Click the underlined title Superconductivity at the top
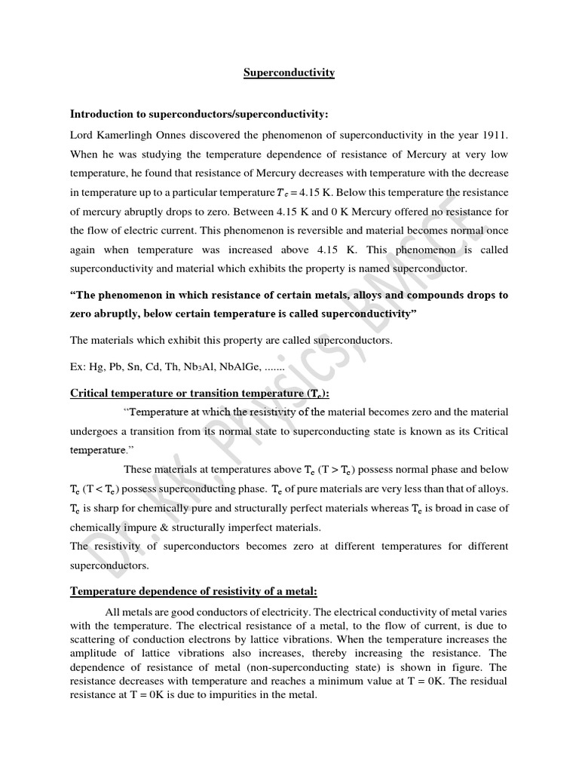click(289, 73)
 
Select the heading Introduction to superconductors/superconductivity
click(199, 114)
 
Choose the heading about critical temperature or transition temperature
click(200, 394)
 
